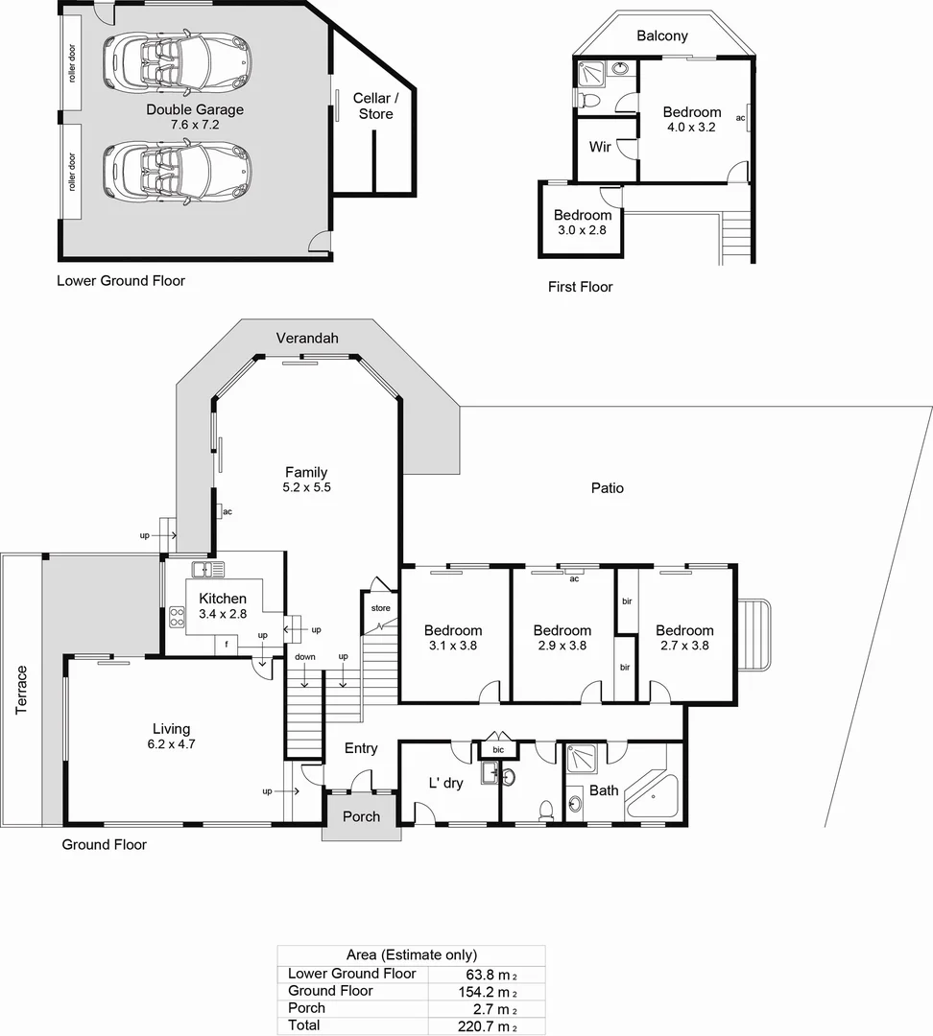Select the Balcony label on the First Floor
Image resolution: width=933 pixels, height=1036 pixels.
(662, 36)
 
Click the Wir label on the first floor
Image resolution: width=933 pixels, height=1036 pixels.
(600, 147)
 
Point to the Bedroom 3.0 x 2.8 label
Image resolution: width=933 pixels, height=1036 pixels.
(582, 223)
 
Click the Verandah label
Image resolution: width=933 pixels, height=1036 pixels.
(307, 339)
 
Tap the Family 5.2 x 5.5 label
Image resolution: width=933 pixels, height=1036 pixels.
(306, 480)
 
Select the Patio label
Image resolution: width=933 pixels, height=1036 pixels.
(607, 488)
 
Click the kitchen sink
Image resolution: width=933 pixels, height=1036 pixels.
(207, 570)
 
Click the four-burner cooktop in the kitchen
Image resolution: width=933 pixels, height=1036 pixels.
(178, 615)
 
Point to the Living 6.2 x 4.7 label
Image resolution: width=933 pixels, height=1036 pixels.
(172, 737)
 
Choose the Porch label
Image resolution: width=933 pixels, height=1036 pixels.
(361, 817)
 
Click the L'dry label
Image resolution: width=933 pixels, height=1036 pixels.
(445, 783)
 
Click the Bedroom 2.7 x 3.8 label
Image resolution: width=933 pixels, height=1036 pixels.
(684, 638)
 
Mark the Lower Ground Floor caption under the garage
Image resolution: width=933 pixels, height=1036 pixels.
(121, 281)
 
